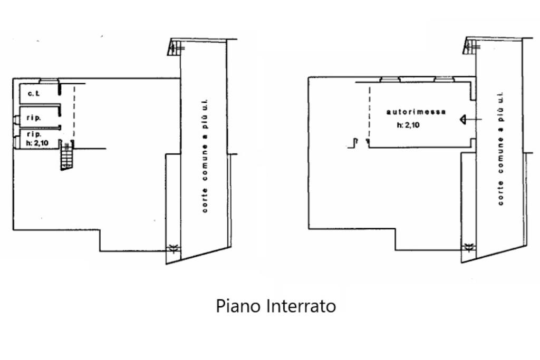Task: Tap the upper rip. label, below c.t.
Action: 34,118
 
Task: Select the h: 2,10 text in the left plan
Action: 37,142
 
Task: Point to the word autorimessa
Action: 416,112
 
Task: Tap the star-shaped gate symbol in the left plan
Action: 172,249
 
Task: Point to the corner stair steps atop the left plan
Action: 176,46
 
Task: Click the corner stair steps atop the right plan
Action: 471,46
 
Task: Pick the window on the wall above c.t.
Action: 49,80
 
